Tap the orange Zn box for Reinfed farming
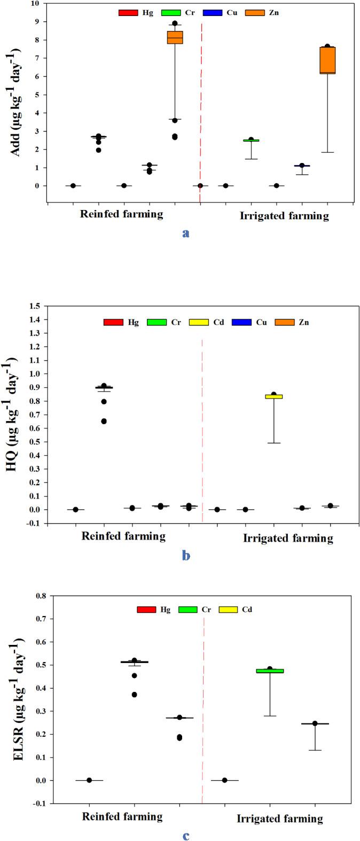point(175,37)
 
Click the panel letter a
point(185,233)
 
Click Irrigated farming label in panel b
point(288,539)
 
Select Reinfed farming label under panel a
point(122,215)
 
